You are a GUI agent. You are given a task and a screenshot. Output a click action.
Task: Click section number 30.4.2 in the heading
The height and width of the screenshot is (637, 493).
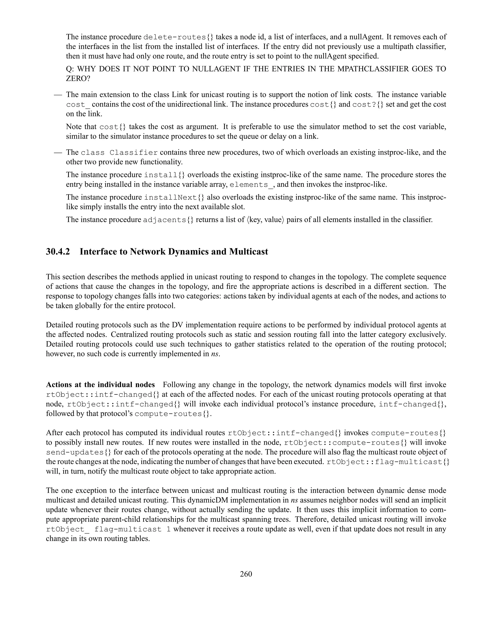(58, 252)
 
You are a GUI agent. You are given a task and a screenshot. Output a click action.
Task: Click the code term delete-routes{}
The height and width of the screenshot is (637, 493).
(179, 37)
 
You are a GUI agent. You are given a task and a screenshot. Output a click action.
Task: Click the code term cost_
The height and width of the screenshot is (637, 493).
(78, 105)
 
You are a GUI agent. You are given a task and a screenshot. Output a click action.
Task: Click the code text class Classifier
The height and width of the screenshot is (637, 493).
(119, 153)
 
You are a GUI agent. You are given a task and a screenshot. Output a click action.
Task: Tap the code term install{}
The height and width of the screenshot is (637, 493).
(165, 175)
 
